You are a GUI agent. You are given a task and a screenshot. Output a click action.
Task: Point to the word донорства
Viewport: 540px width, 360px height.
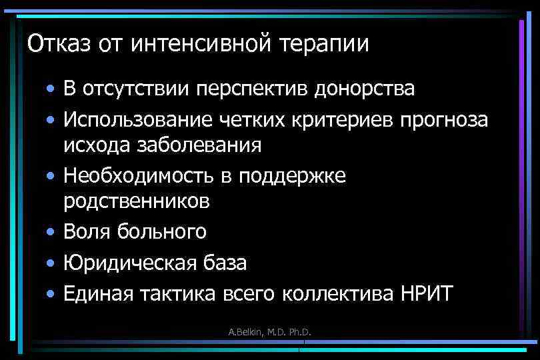click(363, 89)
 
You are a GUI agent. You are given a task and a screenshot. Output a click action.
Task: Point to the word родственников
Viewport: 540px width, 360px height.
click(137, 201)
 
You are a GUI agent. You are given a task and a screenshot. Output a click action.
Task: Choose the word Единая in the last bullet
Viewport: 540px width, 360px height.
click(97, 293)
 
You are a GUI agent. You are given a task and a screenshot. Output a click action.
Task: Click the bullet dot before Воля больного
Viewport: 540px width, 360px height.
click(51, 232)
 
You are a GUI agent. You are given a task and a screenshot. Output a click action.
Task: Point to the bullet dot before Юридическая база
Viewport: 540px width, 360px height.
click(51, 263)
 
